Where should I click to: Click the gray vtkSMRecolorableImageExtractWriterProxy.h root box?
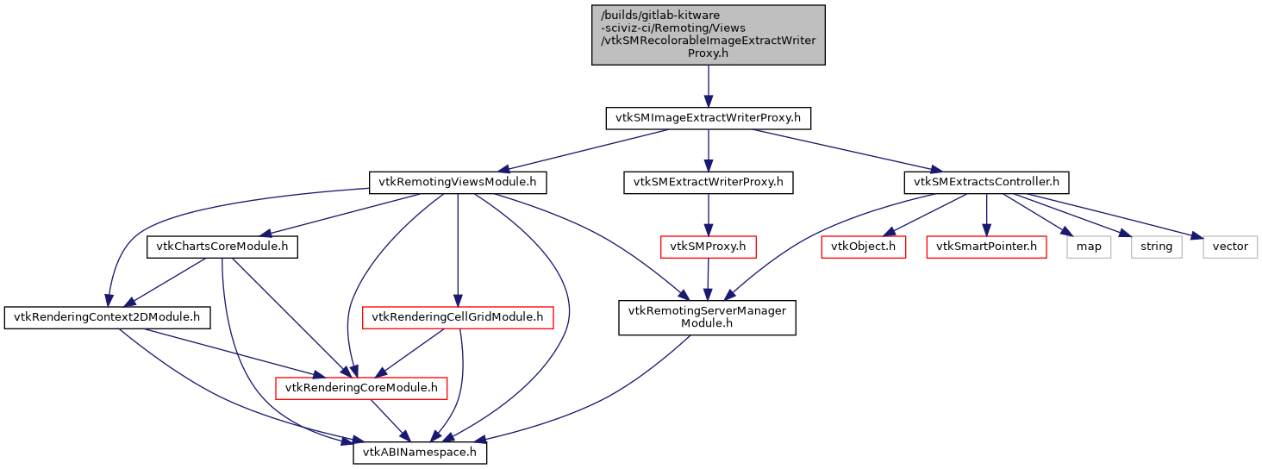coord(708,34)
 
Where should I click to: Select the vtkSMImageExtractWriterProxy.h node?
coord(708,118)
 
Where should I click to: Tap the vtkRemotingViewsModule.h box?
coord(458,183)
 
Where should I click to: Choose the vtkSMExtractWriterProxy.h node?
coord(708,183)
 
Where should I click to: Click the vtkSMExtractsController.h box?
coord(986,183)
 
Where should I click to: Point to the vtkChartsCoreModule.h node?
coord(222,247)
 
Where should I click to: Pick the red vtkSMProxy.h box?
coord(708,247)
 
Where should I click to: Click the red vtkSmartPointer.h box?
coord(986,247)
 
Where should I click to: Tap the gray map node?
coord(1089,247)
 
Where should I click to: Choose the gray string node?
coord(1156,247)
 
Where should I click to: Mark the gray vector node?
coord(1230,247)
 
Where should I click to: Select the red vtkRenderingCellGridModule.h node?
coord(457,318)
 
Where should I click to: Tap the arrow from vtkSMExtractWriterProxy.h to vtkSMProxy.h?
coord(708,215)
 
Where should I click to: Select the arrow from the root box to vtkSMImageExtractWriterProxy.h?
coord(708,85)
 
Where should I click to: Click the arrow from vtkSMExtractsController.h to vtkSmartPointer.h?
coord(986,215)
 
